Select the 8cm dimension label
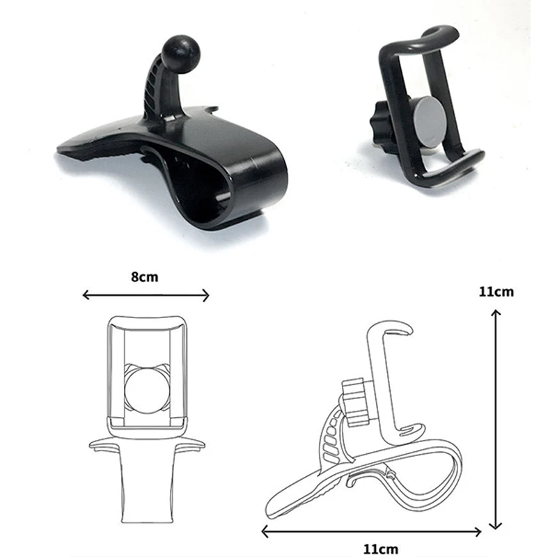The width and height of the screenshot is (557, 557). click(x=145, y=276)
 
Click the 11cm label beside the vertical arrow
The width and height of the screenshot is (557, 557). click(x=496, y=292)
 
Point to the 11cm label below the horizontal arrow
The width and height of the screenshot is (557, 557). click(x=380, y=549)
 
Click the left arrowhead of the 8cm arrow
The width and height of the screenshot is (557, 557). click(x=85, y=295)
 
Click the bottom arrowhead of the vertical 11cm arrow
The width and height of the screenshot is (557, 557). click(x=495, y=526)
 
